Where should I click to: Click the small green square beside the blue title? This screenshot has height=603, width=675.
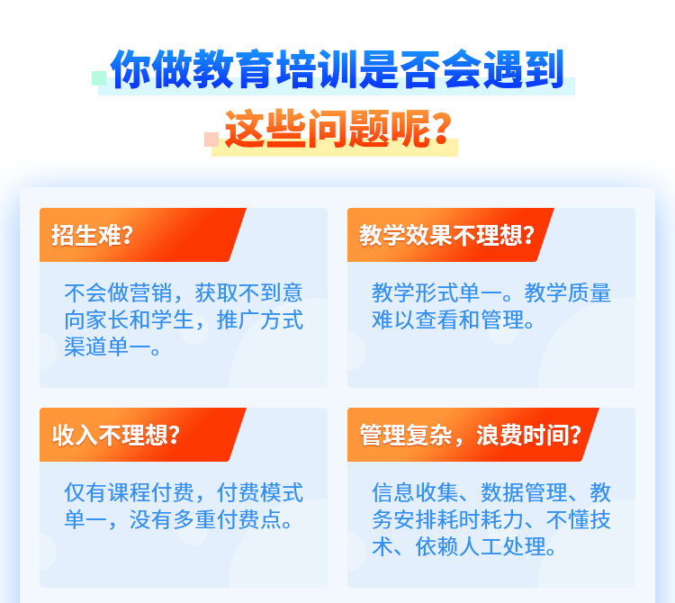tap(99, 78)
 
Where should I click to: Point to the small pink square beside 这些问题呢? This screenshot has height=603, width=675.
tap(211, 139)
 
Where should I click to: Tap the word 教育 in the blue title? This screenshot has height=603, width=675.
tap(234, 69)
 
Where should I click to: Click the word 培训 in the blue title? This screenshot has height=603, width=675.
tap(317, 69)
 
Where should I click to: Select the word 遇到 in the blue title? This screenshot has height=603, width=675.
tap(524, 69)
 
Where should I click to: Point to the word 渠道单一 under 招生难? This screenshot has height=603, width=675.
tap(108, 346)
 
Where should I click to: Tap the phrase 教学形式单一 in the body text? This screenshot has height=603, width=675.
tap(436, 293)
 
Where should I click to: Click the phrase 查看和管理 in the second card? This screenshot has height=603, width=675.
tap(470, 320)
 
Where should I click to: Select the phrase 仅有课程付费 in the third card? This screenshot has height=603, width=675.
tap(129, 493)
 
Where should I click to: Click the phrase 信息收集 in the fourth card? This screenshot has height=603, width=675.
tap(416, 493)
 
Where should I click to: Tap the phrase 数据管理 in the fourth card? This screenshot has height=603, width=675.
tap(524, 493)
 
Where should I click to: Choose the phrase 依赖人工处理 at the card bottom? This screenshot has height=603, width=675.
tap(481, 547)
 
